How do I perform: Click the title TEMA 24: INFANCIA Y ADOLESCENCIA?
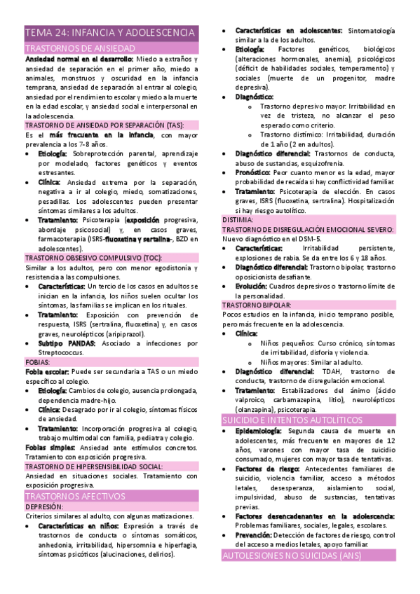click(110, 33)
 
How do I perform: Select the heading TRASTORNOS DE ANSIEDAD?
click(80, 48)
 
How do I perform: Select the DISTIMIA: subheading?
click(238, 219)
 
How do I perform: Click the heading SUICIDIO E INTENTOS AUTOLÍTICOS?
click(302, 420)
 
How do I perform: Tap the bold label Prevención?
click(259, 535)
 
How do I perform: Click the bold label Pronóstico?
click(252, 172)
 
